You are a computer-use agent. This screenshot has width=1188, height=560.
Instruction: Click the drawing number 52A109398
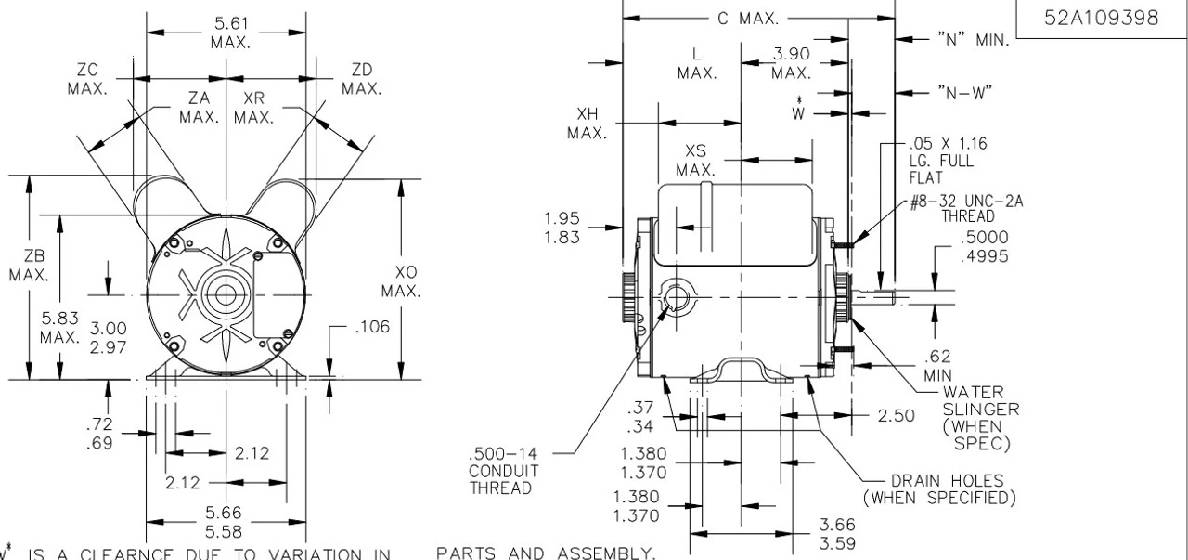(1101, 20)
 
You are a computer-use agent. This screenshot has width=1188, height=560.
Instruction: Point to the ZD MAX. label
(360, 79)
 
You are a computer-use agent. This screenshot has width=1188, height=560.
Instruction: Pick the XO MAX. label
(405, 281)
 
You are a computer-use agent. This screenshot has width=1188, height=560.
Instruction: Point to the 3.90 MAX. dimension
(792, 63)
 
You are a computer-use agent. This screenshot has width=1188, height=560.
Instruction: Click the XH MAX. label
(587, 123)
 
